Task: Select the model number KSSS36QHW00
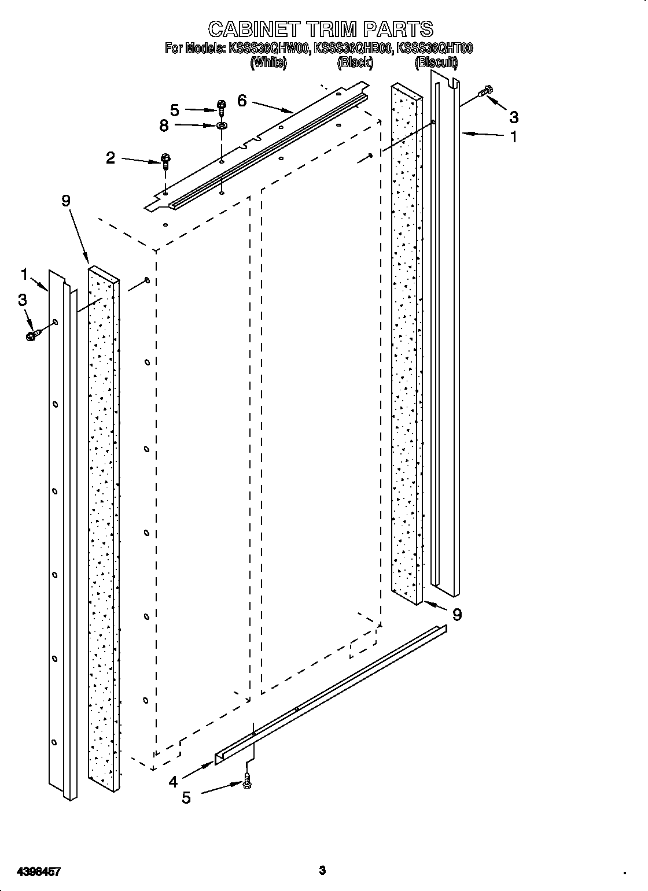coord(270,49)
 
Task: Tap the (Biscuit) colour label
coord(437,62)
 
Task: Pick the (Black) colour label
coord(355,62)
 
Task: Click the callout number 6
coord(242,101)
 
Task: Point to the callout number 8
coord(164,125)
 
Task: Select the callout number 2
coord(111,158)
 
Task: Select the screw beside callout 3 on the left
coord(33,334)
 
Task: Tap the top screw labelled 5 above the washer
coord(222,105)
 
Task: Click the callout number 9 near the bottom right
coord(457,615)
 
